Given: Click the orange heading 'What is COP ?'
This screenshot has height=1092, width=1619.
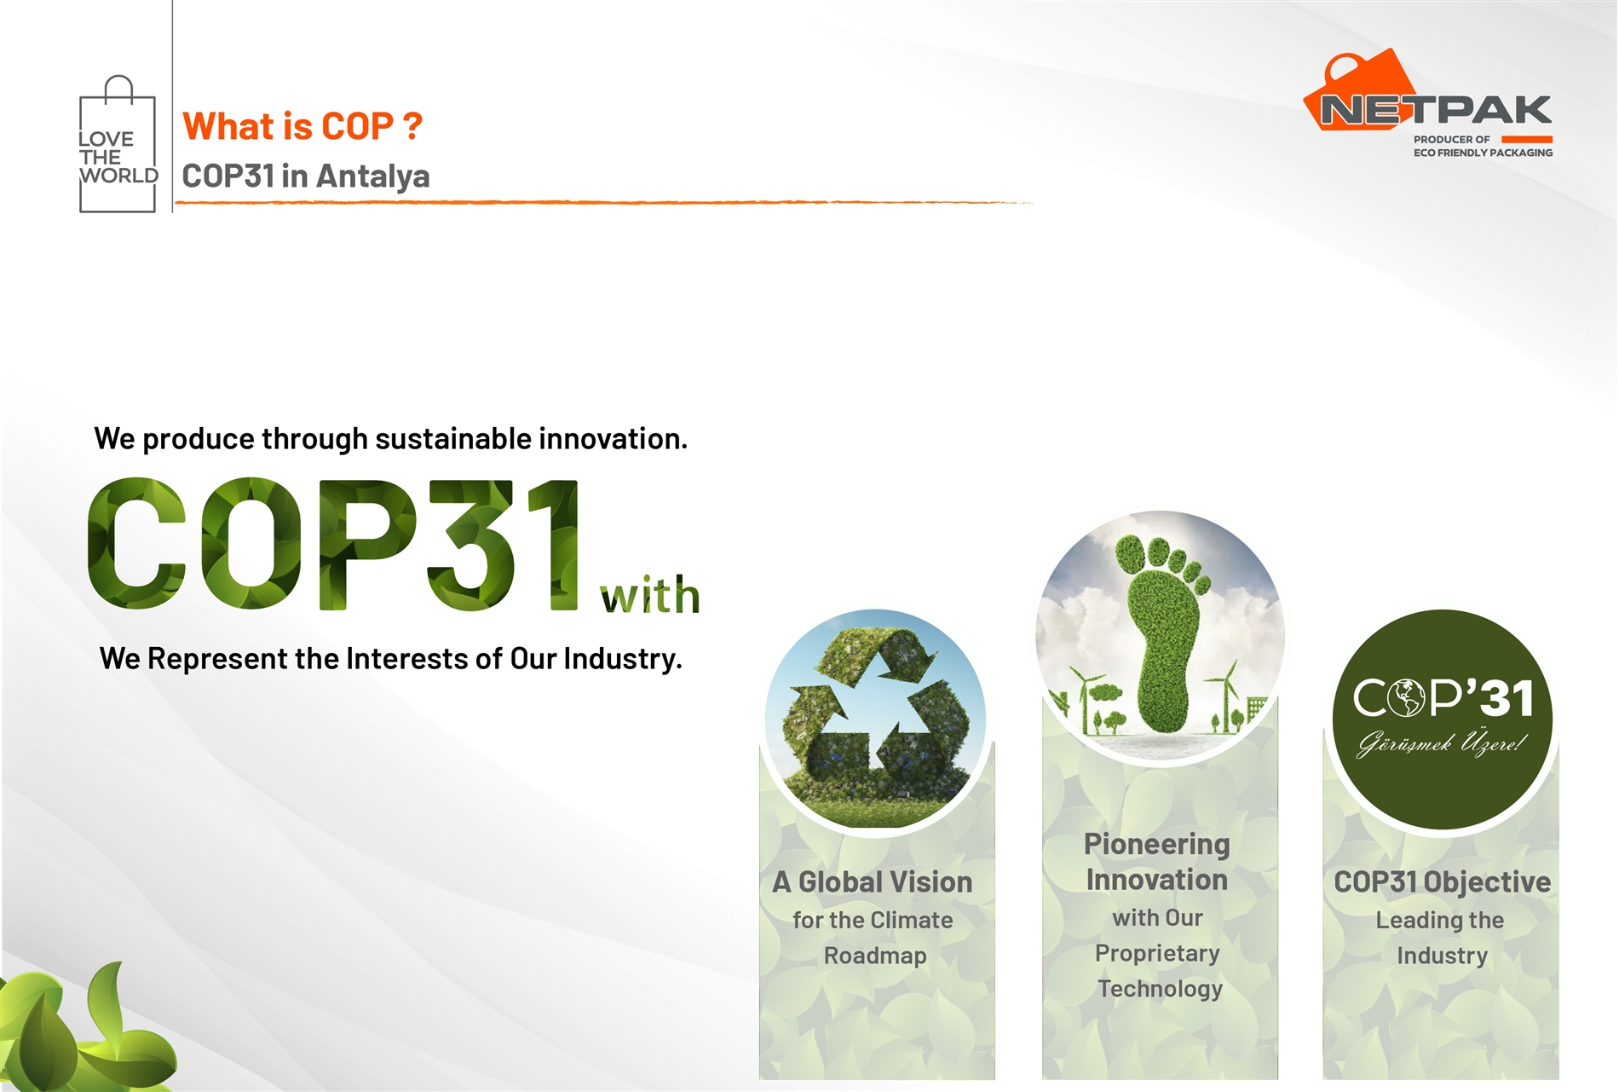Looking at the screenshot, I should pyautogui.click(x=302, y=126).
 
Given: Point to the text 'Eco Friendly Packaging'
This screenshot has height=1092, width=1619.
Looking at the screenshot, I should pyautogui.click(x=1483, y=153).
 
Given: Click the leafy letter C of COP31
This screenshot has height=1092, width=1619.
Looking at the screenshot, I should pyautogui.click(x=136, y=543).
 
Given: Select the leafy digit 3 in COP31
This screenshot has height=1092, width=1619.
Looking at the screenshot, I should pyautogui.click(x=470, y=544).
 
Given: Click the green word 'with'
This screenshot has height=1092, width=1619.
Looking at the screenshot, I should pyautogui.click(x=650, y=595).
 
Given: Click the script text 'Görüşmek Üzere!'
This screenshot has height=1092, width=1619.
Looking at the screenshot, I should pyautogui.click(x=1441, y=743).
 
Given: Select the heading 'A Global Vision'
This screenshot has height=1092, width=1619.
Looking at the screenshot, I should pyautogui.click(x=873, y=882).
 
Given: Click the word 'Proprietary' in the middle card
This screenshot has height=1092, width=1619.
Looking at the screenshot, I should pyautogui.click(x=1157, y=953).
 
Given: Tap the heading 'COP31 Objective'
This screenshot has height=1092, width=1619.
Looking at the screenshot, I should pyautogui.click(x=1442, y=882).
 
